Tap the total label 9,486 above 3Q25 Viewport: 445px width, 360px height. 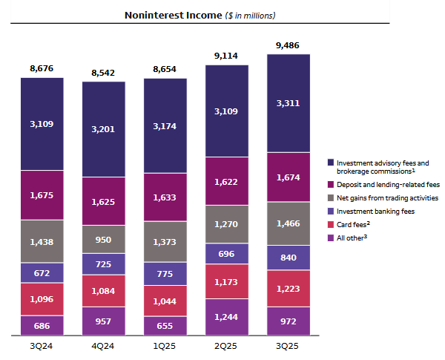289,46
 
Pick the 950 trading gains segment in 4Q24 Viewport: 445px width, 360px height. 104,240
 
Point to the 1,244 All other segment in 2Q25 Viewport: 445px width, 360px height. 227,316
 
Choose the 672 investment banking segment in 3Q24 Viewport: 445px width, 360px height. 42,272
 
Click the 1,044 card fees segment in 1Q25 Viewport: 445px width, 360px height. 165,301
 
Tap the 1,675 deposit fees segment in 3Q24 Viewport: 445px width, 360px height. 42,194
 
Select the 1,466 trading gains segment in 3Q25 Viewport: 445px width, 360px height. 289,223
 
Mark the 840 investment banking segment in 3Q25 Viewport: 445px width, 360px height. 289,258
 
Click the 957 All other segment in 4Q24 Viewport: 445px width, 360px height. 104,322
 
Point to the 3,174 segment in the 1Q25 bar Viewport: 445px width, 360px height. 165,125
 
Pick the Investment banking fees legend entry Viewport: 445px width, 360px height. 372,212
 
